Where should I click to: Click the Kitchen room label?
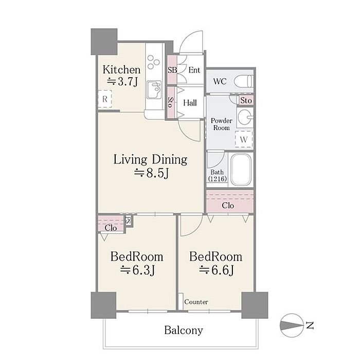[x=121, y=70]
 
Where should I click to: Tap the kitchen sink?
[x=154, y=89]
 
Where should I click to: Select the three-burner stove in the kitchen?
[x=153, y=62]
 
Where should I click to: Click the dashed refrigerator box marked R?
[x=105, y=99]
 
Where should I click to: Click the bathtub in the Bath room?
[x=241, y=169]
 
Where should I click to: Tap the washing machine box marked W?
[x=244, y=139]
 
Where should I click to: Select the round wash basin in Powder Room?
[x=244, y=117]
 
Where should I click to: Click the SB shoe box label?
[x=172, y=70]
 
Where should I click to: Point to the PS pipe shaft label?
[x=129, y=221]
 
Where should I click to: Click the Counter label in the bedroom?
[x=196, y=302]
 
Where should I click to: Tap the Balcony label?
[x=184, y=330]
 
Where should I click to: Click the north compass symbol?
[x=292, y=326]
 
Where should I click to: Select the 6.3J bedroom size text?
[x=137, y=270]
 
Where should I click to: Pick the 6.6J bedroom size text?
[x=216, y=270]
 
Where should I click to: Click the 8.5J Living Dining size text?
[x=152, y=173]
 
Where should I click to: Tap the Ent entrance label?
[x=194, y=70]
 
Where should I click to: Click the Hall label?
[x=190, y=103]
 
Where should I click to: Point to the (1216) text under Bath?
[x=218, y=178]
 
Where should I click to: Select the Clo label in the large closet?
[x=228, y=205]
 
